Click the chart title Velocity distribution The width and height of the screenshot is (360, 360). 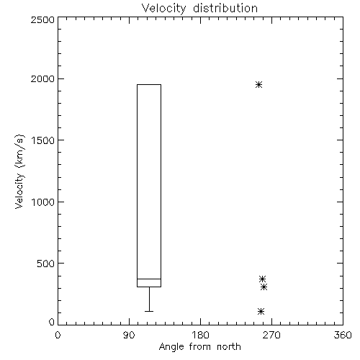click(x=199, y=9)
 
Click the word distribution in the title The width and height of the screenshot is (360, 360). click(x=225, y=9)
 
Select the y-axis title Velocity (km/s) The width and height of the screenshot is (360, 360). click(x=19, y=171)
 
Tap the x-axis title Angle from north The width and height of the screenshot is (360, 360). click(x=199, y=347)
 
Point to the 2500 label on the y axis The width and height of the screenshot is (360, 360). click(x=42, y=19)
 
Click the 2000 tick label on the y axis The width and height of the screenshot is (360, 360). click(x=42, y=78)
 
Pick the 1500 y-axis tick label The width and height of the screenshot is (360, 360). click(x=43, y=140)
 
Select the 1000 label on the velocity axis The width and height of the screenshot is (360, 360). click(x=43, y=202)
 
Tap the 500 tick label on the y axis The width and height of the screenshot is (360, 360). click(x=46, y=264)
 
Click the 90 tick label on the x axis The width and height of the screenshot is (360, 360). click(x=129, y=335)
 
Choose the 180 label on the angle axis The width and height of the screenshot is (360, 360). click(x=200, y=335)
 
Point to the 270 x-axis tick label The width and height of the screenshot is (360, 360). click(x=271, y=335)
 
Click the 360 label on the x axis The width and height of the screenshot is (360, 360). click(x=343, y=335)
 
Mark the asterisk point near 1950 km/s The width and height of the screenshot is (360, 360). click(x=258, y=84)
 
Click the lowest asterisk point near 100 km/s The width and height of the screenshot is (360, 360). click(x=261, y=312)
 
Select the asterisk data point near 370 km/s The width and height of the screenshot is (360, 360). click(x=262, y=279)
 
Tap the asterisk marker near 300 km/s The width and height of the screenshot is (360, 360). click(x=264, y=287)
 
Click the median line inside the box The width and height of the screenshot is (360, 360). click(x=149, y=279)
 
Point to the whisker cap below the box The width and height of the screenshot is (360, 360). click(x=149, y=311)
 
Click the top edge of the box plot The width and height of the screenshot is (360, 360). click(x=149, y=84)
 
